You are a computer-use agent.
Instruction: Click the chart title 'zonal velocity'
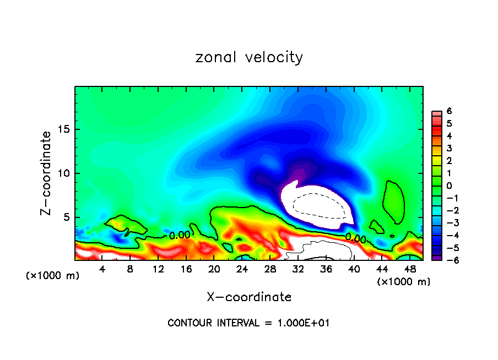(x=249, y=57)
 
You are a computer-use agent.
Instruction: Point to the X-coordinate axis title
(x=249, y=297)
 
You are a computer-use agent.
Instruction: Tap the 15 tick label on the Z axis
(x=64, y=130)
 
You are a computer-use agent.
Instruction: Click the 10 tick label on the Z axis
(x=64, y=173)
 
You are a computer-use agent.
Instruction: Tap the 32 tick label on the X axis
(x=297, y=269)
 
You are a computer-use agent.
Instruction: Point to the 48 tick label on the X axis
(x=409, y=269)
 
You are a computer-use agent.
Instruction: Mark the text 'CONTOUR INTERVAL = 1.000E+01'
(x=248, y=323)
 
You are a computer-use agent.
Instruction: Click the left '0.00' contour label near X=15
(x=180, y=236)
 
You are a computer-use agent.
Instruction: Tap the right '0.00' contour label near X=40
(x=355, y=238)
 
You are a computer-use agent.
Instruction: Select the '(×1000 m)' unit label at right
(x=404, y=282)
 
